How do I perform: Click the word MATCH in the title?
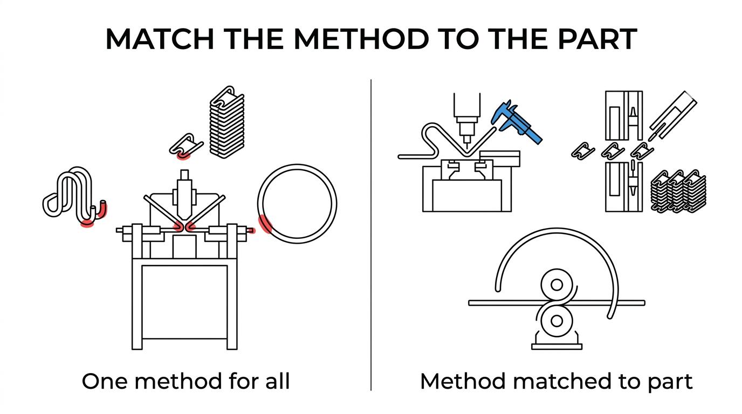(x=160, y=39)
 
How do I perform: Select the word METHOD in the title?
(x=361, y=39)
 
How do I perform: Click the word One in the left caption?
(x=105, y=381)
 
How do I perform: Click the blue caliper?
(x=516, y=122)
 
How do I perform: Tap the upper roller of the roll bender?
(x=556, y=285)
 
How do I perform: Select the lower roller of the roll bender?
(x=556, y=321)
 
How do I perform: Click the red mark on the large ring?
(x=265, y=224)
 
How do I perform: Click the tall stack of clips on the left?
(x=227, y=122)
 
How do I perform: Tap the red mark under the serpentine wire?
(x=87, y=224)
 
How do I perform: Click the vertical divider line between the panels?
(x=371, y=235)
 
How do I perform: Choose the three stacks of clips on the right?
(x=678, y=191)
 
